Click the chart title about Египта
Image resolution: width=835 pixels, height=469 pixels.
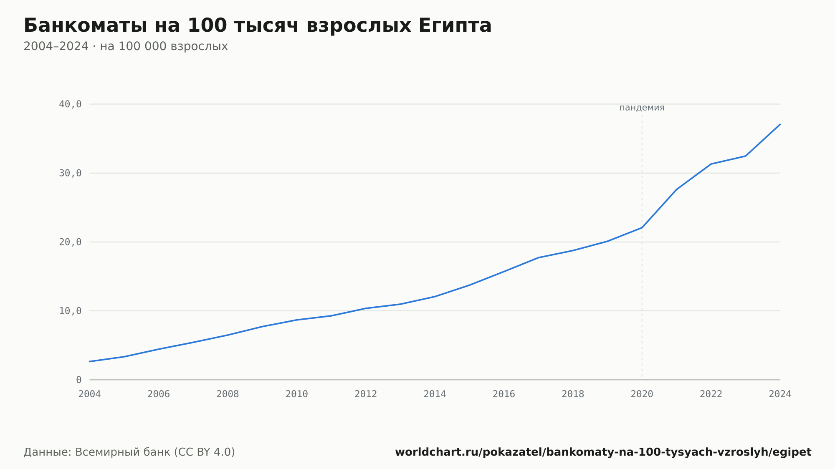pyautogui.click(x=258, y=25)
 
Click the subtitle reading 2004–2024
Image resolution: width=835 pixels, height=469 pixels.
pyautogui.click(x=126, y=46)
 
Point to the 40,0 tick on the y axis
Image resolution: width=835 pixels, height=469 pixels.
pyautogui.click(x=70, y=104)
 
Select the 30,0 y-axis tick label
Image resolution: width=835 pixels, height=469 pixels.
pyautogui.click(x=70, y=173)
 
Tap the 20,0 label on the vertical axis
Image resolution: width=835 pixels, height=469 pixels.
pyautogui.click(x=70, y=242)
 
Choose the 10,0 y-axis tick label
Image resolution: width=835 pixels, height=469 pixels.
pyautogui.click(x=70, y=311)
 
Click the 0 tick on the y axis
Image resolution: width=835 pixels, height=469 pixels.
pyautogui.click(x=79, y=380)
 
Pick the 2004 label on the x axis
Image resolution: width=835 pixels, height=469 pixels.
pyautogui.click(x=90, y=394)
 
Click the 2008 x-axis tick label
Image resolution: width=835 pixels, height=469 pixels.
pyautogui.click(x=228, y=394)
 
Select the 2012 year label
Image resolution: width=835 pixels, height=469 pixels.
pyautogui.click(x=366, y=394)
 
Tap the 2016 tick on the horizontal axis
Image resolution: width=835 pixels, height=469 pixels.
pyautogui.click(x=504, y=394)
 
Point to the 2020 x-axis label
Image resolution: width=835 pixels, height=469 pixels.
pyautogui.click(x=642, y=394)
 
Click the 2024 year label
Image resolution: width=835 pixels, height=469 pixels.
pyautogui.click(x=780, y=394)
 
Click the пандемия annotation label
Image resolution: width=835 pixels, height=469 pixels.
pyautogui.click(x=642, y=108)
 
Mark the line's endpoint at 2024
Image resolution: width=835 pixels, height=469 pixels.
pyautogui.click(x=780, y=124)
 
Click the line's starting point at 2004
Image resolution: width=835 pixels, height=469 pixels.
pyautogui.click(x=90, y=361)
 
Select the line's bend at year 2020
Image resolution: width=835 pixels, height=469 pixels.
pyautogui.click(x=642, y=227)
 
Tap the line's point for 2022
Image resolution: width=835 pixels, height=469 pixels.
pyautogui.click(x=711, y=164)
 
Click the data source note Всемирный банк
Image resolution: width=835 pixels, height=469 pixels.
pyautogui.click(x=129, y=452)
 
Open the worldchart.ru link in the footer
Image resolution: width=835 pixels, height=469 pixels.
pyautogui.click(x=603, y=452)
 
